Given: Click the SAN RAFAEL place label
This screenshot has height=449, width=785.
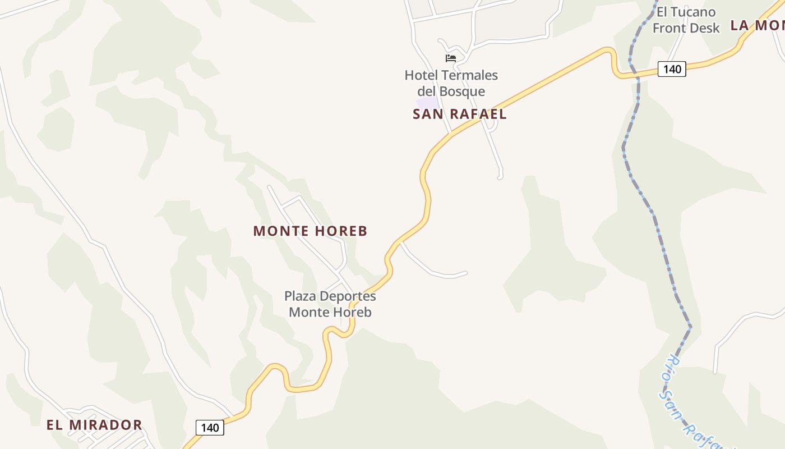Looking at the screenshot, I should point(459,114).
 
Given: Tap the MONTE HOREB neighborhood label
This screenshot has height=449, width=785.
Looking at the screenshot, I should point(310,231).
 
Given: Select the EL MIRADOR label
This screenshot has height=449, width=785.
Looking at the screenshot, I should point(94,425).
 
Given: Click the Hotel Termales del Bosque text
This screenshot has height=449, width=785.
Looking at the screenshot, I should point(451,83).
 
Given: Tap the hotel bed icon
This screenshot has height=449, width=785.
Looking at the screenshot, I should point(450,58).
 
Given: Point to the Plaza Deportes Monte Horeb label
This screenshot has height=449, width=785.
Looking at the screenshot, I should point(330,304).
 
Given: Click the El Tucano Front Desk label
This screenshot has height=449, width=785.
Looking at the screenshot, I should point(686,20).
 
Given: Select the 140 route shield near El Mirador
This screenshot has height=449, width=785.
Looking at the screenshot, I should point(210,428).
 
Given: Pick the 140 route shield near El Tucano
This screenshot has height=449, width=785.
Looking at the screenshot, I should point(671,69).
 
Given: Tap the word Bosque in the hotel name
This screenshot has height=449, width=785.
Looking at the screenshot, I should point(464,91).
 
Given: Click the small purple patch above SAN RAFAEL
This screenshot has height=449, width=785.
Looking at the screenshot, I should point(427,102).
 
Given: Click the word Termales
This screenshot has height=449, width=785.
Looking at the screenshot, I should point(470,75).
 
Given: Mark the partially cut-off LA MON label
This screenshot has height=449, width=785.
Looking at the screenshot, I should point(757,25).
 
